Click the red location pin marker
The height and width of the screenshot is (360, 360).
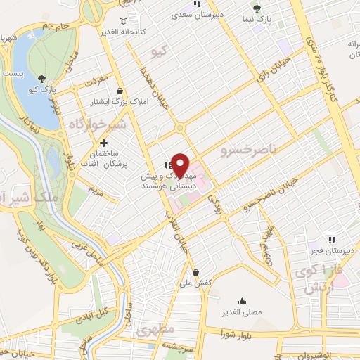coord(181,165)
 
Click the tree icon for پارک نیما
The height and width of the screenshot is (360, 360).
coord(257,9)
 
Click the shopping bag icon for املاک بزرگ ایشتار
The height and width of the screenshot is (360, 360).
coord(120,91)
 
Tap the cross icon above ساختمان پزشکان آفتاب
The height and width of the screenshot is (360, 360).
coord(104,143)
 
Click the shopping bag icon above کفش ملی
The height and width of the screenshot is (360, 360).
coord(195,272)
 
